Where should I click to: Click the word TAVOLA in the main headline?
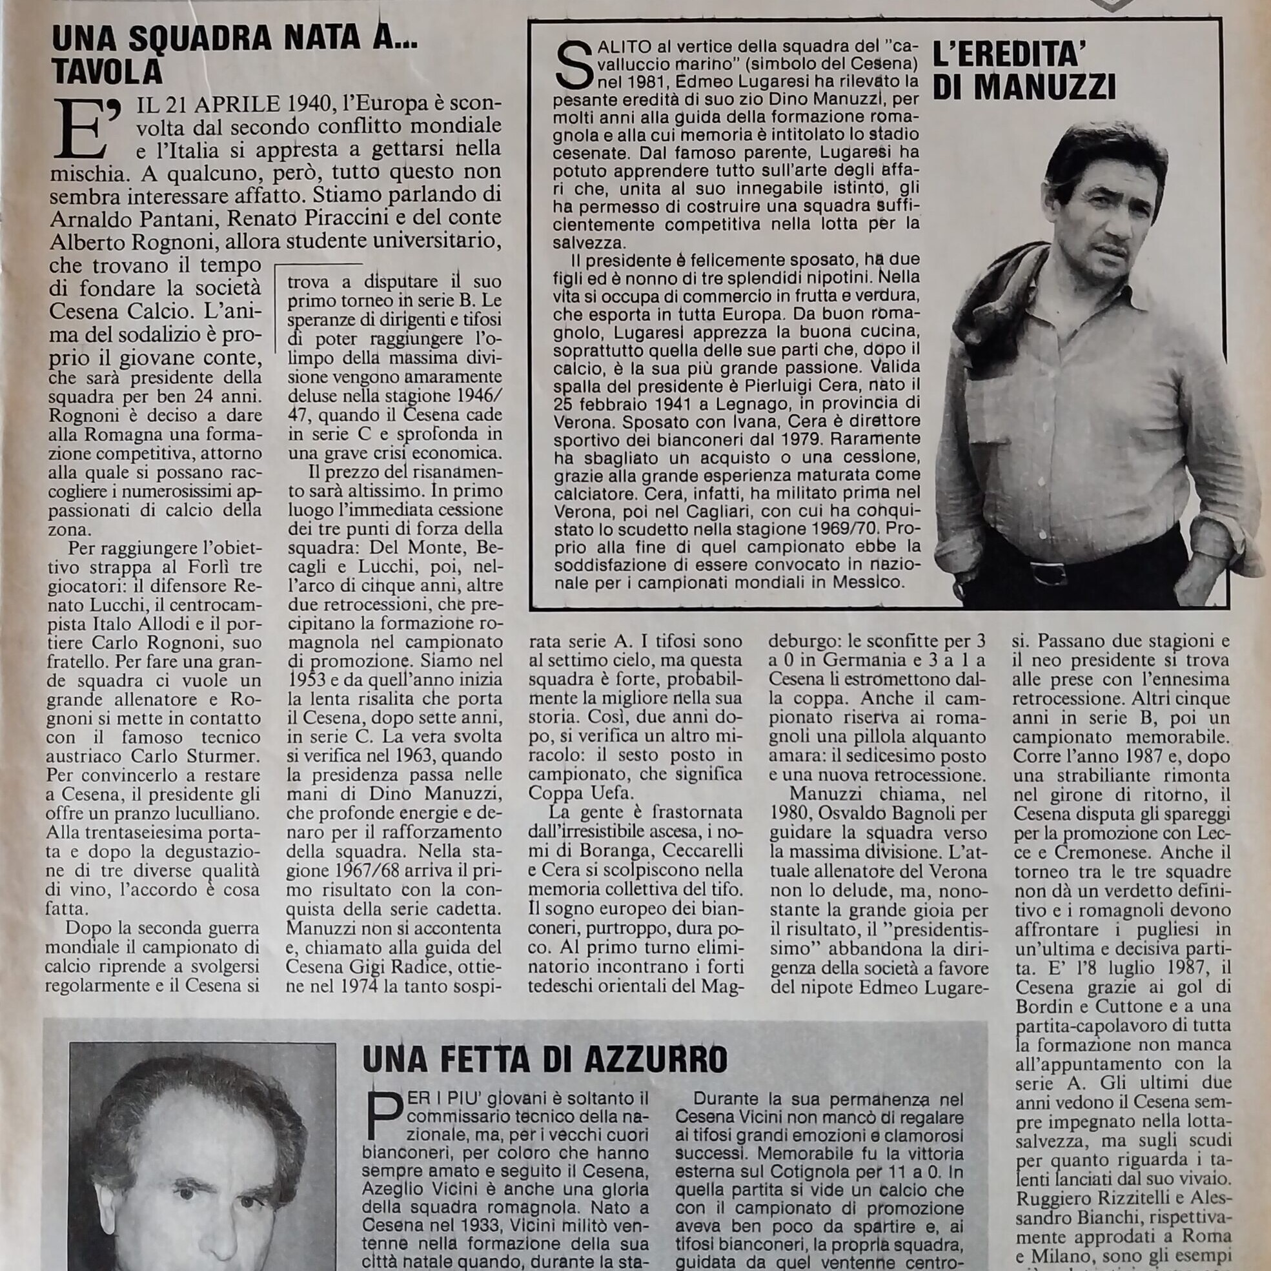[107, 72]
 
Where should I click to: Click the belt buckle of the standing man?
[1046, 574]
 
